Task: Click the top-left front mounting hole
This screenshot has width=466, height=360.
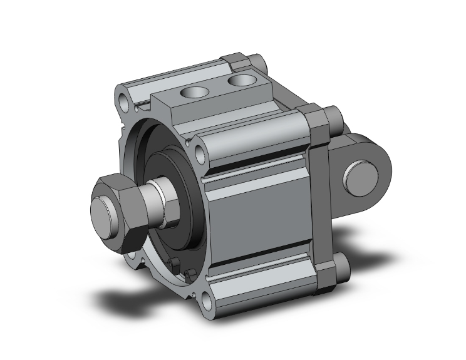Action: click(x=123, y=99)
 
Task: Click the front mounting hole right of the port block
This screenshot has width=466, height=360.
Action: click(x=199, y=152)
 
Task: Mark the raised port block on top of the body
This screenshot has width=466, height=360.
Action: click(x=213, y=100)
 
